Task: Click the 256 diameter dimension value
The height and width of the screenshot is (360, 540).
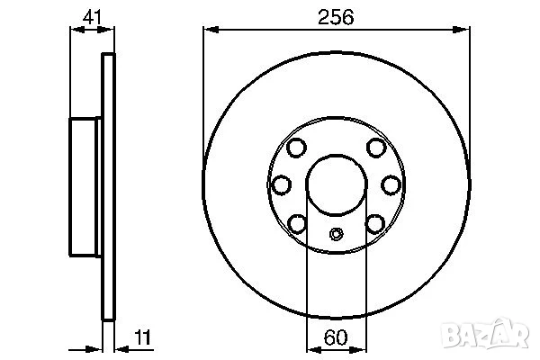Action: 337,17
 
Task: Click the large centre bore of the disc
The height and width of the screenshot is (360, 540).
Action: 336,184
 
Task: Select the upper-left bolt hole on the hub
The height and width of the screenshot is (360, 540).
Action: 296,148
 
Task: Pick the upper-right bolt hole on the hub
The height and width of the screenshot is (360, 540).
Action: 375,148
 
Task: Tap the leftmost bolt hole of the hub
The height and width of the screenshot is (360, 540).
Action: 281,184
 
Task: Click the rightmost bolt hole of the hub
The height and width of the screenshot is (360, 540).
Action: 391,184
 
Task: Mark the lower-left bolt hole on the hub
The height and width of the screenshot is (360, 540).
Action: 298,221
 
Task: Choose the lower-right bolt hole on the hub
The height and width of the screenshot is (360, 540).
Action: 373,221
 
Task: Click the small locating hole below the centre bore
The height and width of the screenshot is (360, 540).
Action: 336,237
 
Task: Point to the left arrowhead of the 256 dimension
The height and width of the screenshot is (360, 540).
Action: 209,30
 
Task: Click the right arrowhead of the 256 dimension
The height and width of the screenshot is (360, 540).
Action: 463,30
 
